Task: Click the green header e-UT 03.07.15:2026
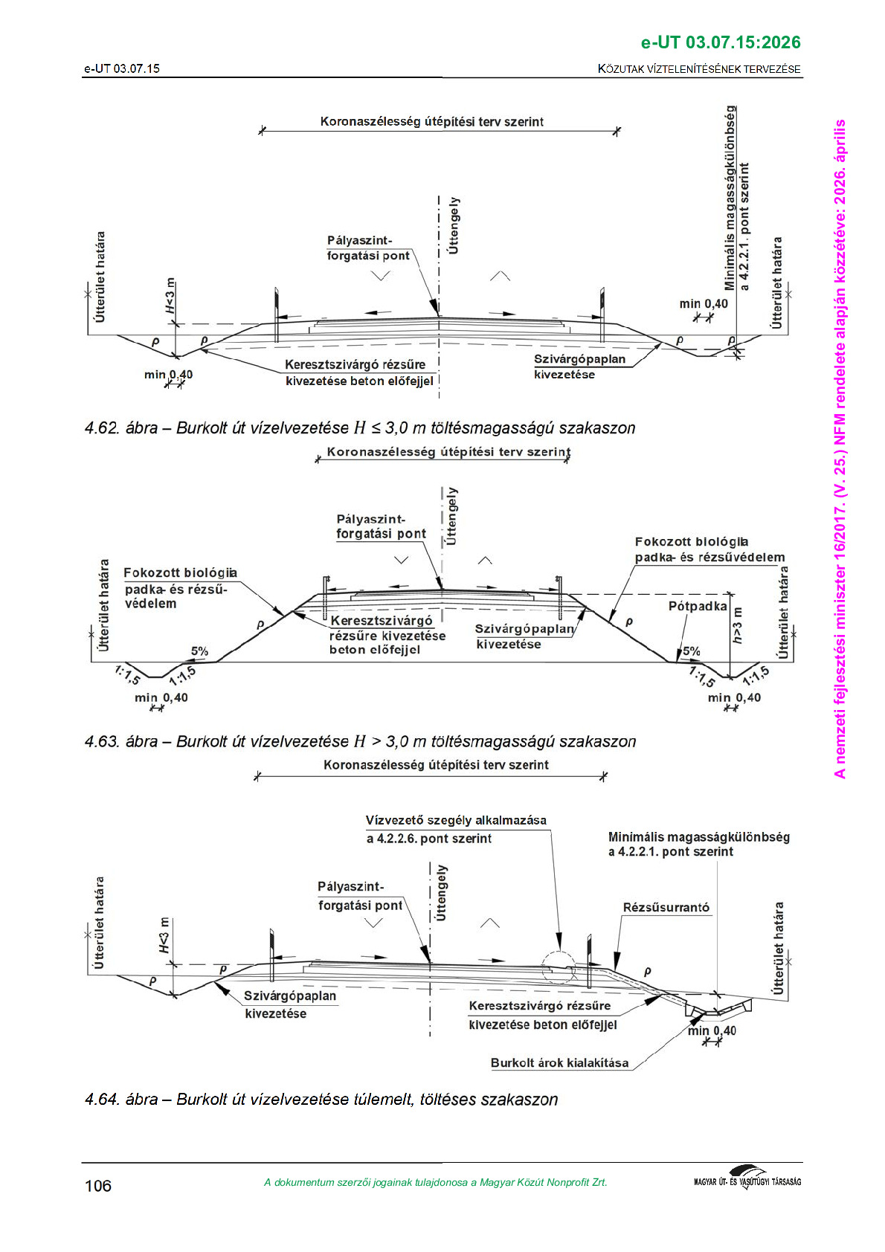(x=720, y=42)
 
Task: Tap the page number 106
(x=98, y=1186)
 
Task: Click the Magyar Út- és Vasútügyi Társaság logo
(x=747, y=1180)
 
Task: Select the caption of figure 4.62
(x=360, y=428)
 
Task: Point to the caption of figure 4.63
(x=360, y=742)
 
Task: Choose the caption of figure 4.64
(x=321, y=1100)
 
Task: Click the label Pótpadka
(x=697, y=606)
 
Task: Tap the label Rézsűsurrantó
(x=666, y=908)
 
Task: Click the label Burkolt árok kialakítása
(x=559, y=1063)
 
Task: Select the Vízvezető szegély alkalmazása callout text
(x=455, y=829)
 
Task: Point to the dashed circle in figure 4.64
(x=559, y=968)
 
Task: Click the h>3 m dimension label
(x=737, y=625)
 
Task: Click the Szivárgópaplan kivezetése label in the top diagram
(x=579, y=367)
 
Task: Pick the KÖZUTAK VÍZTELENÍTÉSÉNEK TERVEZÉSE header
(x=699, y=69)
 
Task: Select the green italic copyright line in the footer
(x=435, y=1182)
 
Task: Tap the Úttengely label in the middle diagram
(x=452, y=516)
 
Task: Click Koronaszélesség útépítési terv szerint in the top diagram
(x=431, y=122)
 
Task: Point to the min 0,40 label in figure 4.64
(x=712, y=1030)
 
